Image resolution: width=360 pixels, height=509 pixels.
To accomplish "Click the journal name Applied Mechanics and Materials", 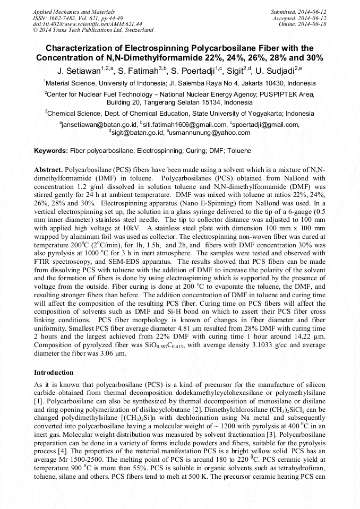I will click(66, 11).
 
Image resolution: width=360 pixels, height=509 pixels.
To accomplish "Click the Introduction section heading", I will click(54, 373).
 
